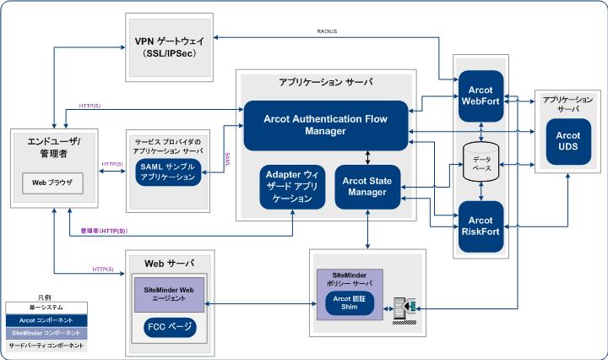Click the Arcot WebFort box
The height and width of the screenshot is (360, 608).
click(x=480, y=95)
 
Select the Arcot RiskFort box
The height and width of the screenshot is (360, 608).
click(x=480, y=228)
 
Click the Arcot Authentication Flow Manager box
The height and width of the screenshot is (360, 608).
click(x=326, y=125)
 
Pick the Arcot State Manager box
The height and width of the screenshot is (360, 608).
click(x=367, y=185)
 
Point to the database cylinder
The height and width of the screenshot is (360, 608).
click(x=480, y=161)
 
